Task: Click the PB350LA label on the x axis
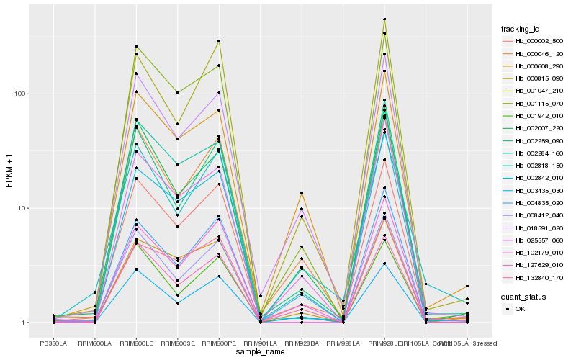pyautogui.click(x=53, y=342)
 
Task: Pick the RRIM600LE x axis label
pyautogui.click(x=136, y=342)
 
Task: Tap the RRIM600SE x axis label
pyautogui.click(x=177, y=342)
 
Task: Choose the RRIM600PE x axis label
pyautogui.click(x=219, y=342)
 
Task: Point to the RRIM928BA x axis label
pyautogui.click(x=302, y=342)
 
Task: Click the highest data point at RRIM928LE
pyautogui.click(x=384, y=19)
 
